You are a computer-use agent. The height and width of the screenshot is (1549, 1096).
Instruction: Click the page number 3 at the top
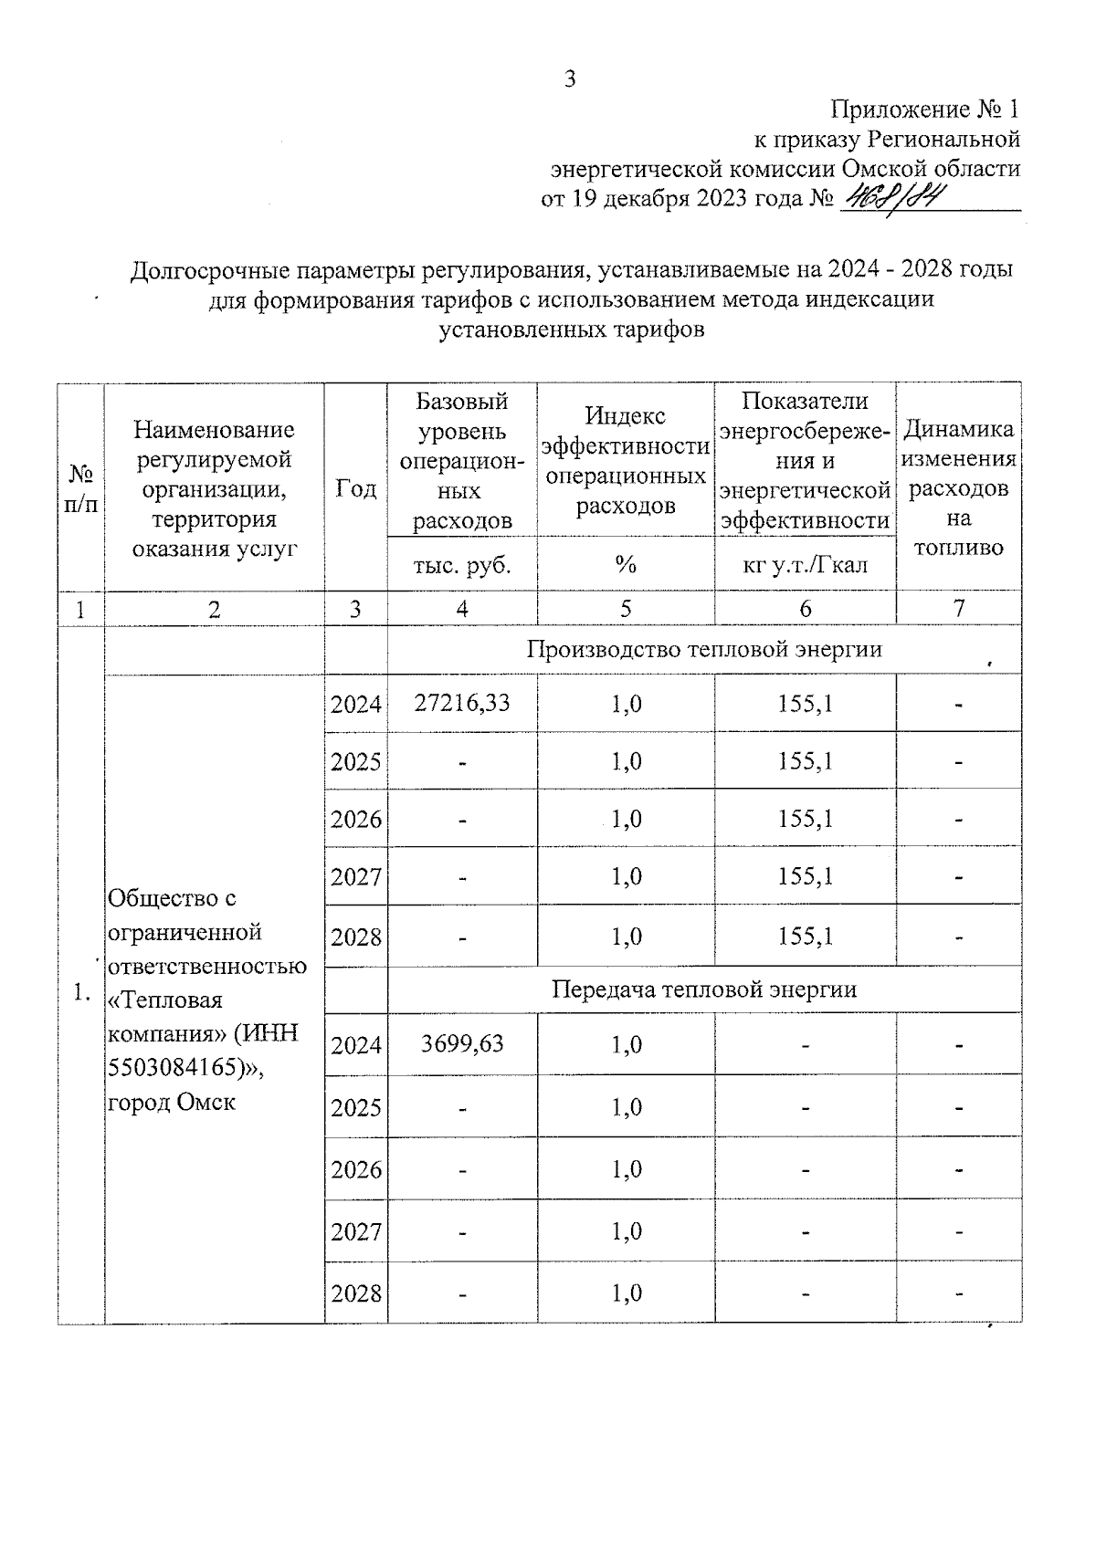tap(570, 79)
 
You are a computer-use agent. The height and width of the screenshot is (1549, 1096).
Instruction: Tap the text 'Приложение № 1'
tap(924, 110)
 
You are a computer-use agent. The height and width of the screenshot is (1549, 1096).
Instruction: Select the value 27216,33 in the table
tap(461, 703)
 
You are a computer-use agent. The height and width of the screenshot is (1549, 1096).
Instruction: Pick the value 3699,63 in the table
tap(462, 1043)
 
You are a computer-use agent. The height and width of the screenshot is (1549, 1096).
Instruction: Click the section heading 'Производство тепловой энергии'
tap(704, 649)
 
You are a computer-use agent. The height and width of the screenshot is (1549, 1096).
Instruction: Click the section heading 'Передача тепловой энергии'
tap(704, 989)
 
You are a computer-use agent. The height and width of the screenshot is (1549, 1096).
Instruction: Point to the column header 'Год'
tap(355, 488)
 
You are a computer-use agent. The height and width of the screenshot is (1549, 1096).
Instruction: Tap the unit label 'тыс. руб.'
tap(462, 565)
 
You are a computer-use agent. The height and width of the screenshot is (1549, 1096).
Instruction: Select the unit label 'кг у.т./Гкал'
tap(805, 565)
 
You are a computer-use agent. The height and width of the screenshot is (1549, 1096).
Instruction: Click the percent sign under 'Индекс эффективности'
tap(626, 565)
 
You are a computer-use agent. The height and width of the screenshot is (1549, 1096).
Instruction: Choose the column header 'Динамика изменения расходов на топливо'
tap(958, 488)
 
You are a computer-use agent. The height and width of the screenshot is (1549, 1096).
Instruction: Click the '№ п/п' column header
tap(81, 488)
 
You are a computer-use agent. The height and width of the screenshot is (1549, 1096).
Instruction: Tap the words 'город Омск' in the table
tap(172, 1102)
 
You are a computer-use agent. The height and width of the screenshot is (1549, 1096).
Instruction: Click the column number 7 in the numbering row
tap(958, 609)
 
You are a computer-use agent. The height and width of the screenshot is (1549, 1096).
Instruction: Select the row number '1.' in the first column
tap(81, 992)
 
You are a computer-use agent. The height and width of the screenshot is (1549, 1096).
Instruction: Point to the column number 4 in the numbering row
tap(462, 609)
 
